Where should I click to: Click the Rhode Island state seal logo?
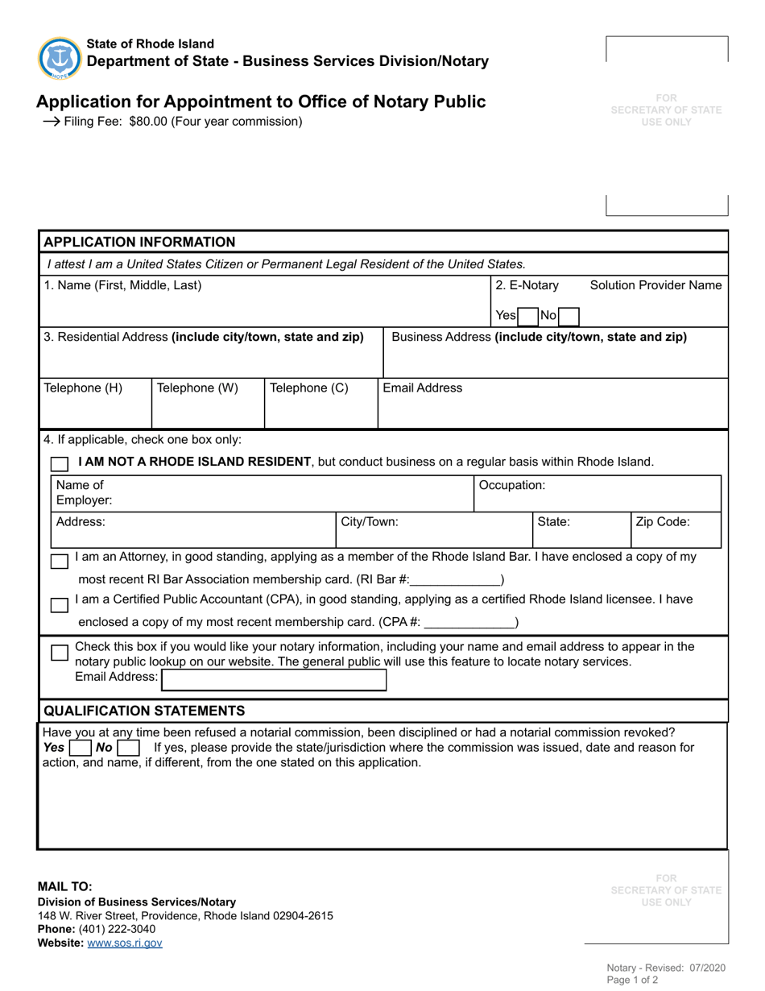tap(60, 58)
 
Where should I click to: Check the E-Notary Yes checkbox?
tap(528, 316)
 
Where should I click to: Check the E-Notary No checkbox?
tap(568, 316)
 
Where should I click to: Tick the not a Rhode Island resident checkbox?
tap(60, 464)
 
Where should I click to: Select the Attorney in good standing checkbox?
tap(60, 561)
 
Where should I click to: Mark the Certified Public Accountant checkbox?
tap(60, 604)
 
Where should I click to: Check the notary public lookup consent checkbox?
tap(60, 653)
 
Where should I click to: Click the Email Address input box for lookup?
tap(274, 680)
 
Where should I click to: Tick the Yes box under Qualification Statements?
tap(81, 748)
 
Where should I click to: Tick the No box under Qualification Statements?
tap(128, 748)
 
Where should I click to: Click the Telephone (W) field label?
tap(197, 388)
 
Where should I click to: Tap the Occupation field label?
tap(512, 485)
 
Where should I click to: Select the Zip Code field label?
tap(663, 521)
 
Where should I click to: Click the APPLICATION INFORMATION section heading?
tap(139, 242)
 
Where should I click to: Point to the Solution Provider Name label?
tap(655, 285)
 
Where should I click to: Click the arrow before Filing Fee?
tap(51, 122)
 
